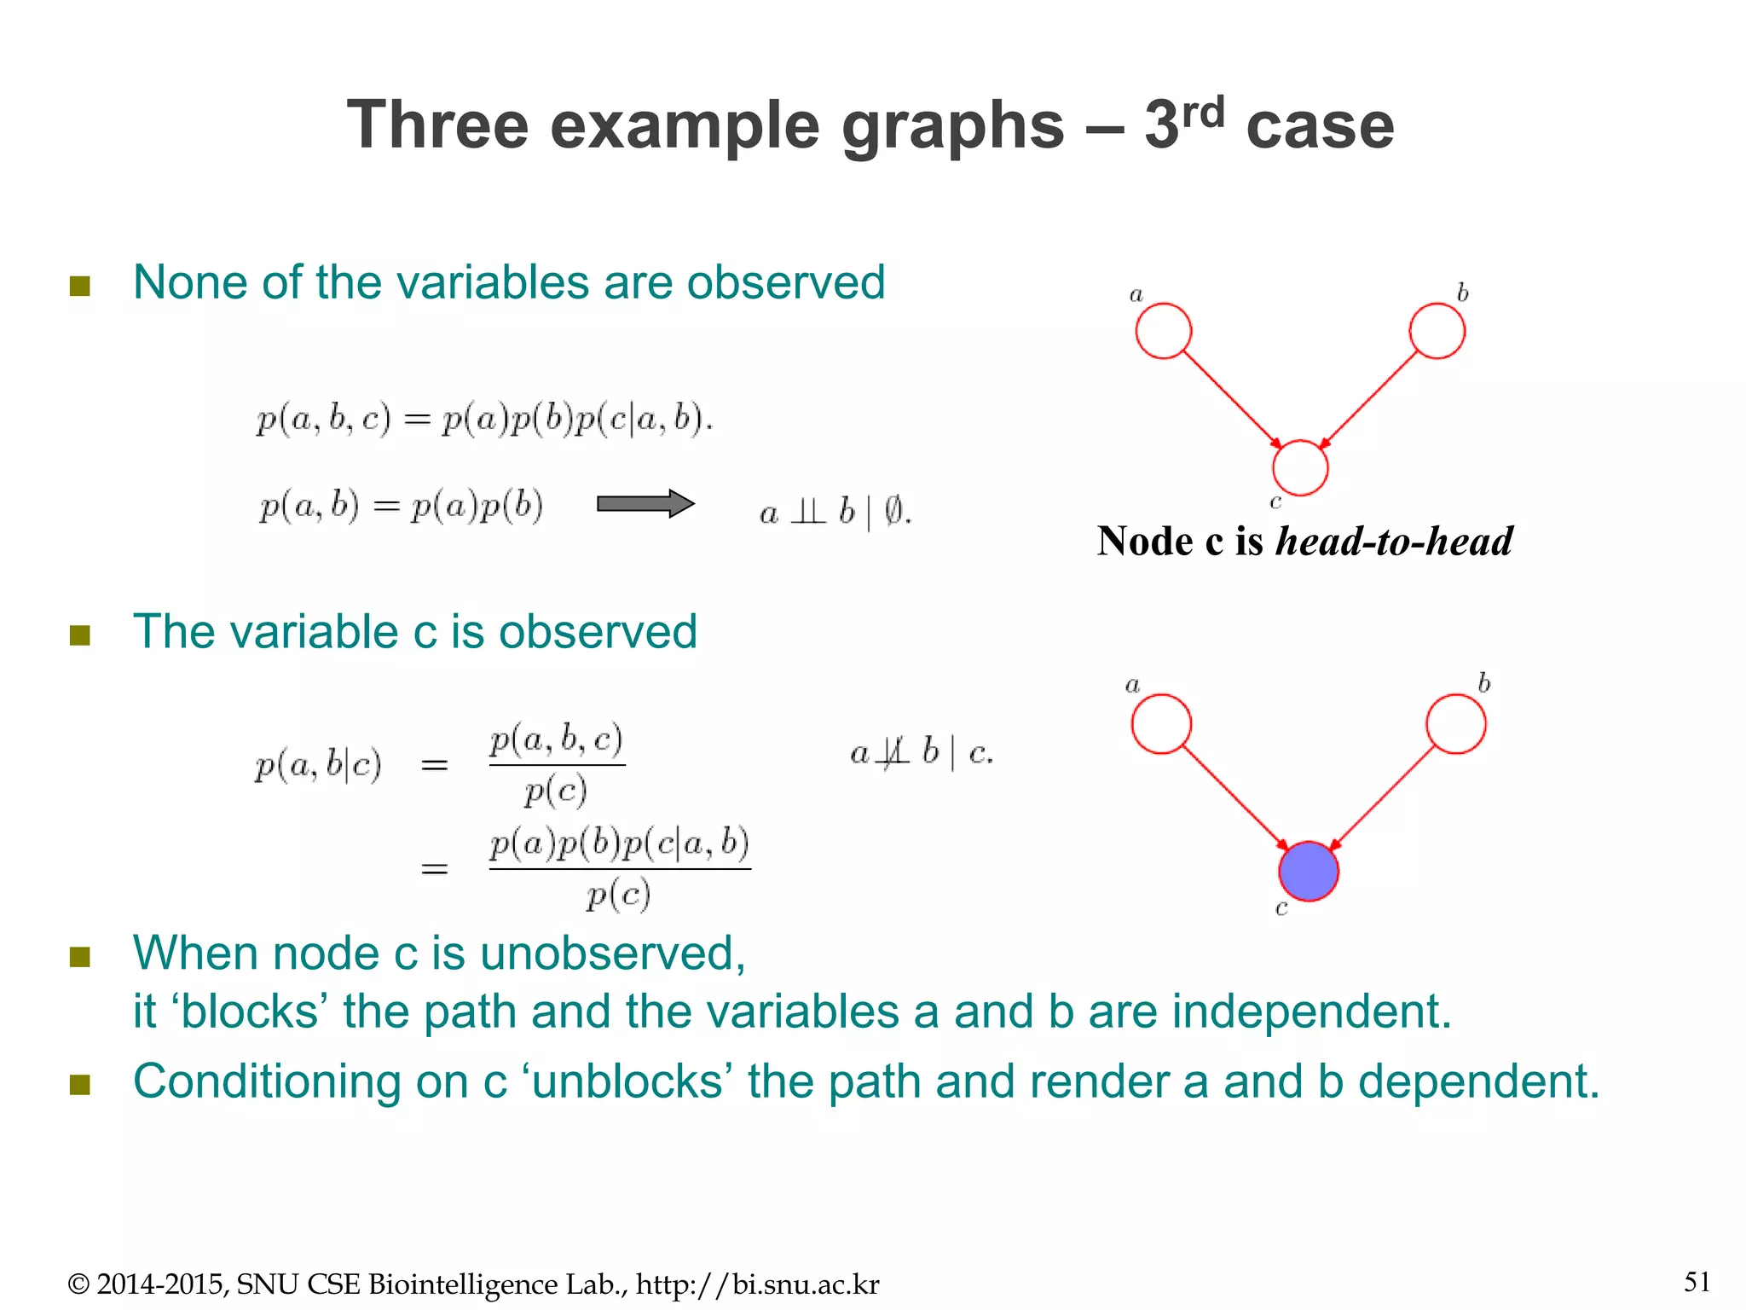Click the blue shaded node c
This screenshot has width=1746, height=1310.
(1308, 871)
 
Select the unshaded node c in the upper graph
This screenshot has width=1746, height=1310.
(1300, 467)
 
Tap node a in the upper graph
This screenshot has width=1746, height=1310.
(1163, 331)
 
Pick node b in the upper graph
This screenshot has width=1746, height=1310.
(1437, 331)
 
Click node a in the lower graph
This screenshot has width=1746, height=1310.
(1161, 724)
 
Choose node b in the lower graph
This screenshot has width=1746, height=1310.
(1455, 724)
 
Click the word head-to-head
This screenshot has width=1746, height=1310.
(1393, 542)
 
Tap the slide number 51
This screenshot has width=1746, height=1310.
(1697, 1282)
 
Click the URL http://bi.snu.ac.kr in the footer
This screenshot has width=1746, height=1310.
(757, 1284)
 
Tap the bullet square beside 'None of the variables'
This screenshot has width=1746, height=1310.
(80, 286)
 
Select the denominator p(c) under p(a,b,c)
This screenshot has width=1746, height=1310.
(556, 791)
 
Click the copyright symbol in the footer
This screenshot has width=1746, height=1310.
(78, 1284)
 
